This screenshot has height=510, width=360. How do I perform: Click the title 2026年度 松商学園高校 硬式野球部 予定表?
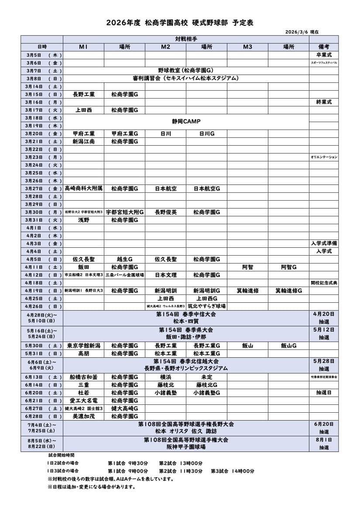[x=179, y=23]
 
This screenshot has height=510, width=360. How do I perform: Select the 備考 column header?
[x=323, y=47]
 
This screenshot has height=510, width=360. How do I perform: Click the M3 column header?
[x=247, y=47]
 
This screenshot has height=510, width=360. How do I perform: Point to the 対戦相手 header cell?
[x=186, y=39]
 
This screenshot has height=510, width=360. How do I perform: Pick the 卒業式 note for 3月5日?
[x=323, y=55]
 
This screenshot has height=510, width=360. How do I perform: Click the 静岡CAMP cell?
[x=186, y=122]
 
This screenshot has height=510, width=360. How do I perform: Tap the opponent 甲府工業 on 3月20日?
[x=83, y=133]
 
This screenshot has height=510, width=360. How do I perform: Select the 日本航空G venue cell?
[x=206, y=188]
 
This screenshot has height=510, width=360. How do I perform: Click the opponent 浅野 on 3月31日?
[x=83, y=220]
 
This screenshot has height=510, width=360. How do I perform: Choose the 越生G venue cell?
[x=124, y=259]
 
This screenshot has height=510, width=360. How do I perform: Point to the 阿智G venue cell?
[x=288, y=267]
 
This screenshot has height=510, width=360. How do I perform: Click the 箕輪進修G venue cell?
[x=288, y=291]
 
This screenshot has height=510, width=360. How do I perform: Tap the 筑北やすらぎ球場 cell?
[x=206, y=306]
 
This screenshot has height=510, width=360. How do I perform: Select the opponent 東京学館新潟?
[x=83, y=346]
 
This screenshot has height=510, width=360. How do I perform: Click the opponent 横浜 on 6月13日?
[x=165, y=377]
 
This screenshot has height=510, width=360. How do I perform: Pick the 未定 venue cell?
[x=206, y=377]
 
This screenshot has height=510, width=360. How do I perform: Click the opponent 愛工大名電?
[x=83, y=400]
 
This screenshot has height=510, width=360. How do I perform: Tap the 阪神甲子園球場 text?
[x=186, y=447]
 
